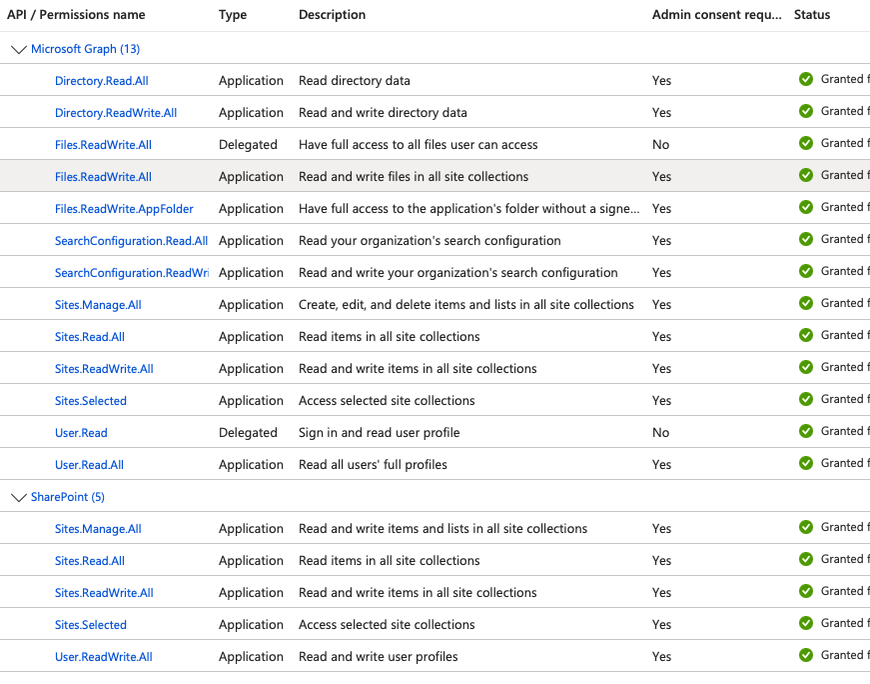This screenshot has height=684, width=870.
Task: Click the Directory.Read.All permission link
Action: [102, 81]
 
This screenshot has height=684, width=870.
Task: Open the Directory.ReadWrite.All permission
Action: [116, 113]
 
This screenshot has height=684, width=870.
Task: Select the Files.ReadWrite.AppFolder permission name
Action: [124, 209]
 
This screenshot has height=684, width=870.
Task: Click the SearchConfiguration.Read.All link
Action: [131, 241]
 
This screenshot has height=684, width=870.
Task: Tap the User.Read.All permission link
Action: [89, 465]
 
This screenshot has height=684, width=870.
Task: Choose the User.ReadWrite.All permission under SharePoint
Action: [104, 657]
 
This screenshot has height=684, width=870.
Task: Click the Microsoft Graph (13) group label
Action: [85, 49]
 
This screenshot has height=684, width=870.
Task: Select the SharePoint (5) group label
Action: [68, 497]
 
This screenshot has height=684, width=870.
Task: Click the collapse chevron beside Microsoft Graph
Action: [18, 49]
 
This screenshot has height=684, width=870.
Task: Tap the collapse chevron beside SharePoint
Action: [18, 497]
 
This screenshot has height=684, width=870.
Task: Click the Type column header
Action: [233, 15]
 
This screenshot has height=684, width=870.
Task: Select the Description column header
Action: [332, 15]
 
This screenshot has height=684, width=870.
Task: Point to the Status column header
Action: [811, 15]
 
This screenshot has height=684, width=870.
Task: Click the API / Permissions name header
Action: [76, 15]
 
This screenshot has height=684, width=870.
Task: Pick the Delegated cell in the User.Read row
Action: [248, 433]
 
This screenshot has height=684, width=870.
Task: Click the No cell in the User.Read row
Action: [660, 433]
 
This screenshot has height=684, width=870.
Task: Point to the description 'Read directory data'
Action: [354, 81]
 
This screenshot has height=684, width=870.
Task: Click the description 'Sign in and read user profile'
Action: [379, 433]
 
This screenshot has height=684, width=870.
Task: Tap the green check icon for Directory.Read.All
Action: [806, 80]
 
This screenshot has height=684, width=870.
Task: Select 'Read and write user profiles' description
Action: [378, 657]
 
